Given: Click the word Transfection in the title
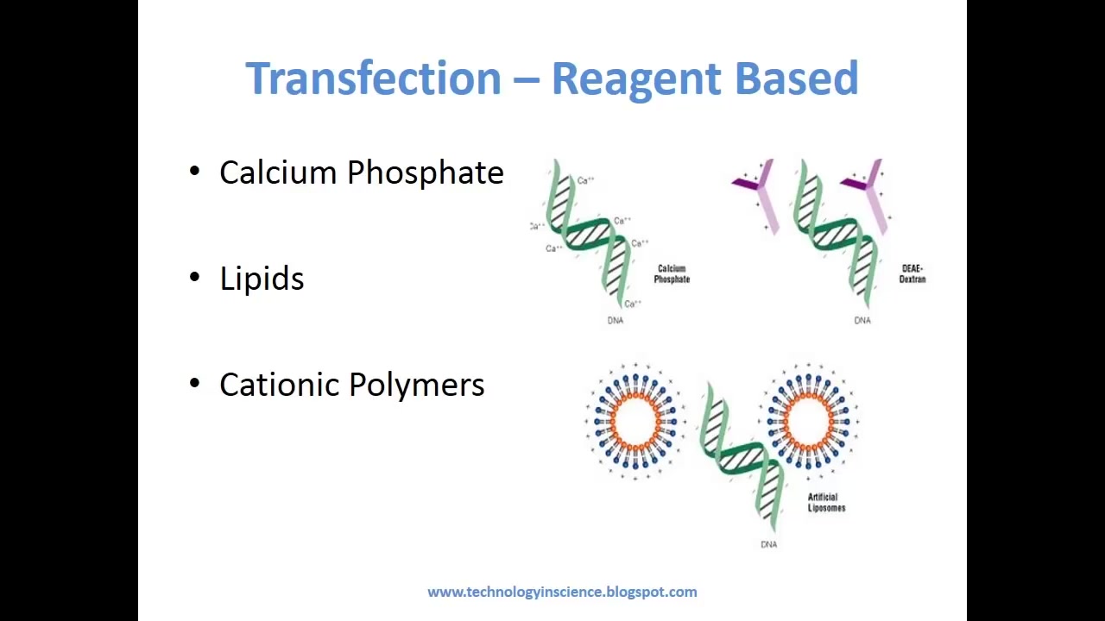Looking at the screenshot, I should (x=373, y=78).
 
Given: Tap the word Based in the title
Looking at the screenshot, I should (x=796, y=78).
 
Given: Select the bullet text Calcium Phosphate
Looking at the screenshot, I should (x=361, y=172).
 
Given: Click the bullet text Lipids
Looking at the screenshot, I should (x=262, y=279).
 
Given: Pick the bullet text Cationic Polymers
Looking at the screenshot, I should (x=351, y=385).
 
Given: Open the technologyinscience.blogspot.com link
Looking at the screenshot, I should (x=562, y=592).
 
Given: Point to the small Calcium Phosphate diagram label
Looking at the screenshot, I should (x=672, y=274).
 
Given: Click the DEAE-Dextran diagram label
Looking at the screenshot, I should (x=912, y=274).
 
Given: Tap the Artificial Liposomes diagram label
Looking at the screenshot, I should (x=826, y=503).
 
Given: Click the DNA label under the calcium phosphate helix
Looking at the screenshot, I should (x=615, y=321).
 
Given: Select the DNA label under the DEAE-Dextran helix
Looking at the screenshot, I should (x=862, y=321).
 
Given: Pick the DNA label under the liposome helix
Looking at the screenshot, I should (x=768, y=544).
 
